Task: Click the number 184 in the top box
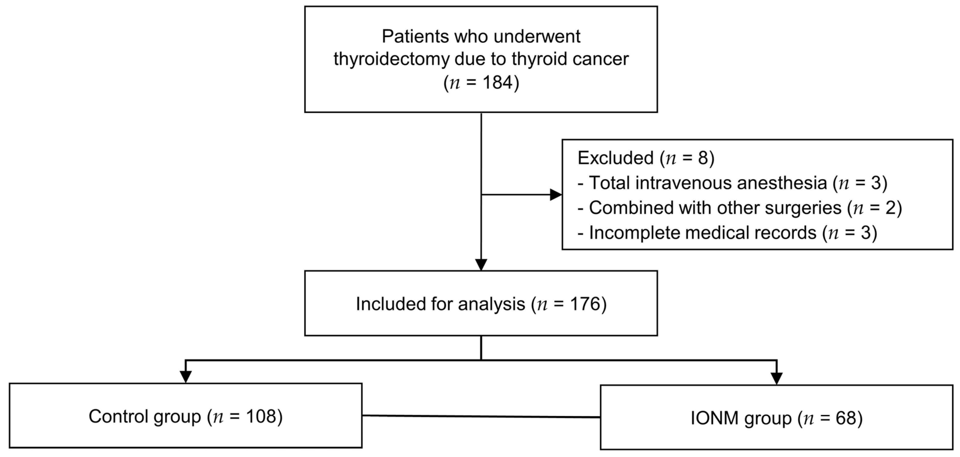tap(498, 82)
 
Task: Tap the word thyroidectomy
tap(391, 59)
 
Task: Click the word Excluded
tap(615, 158)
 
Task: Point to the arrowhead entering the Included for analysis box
tap(481, 265)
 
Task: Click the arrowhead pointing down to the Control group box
tap(186, 377)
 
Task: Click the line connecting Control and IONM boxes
tap(481, 416)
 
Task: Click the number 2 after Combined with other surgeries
tap(890, 208)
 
